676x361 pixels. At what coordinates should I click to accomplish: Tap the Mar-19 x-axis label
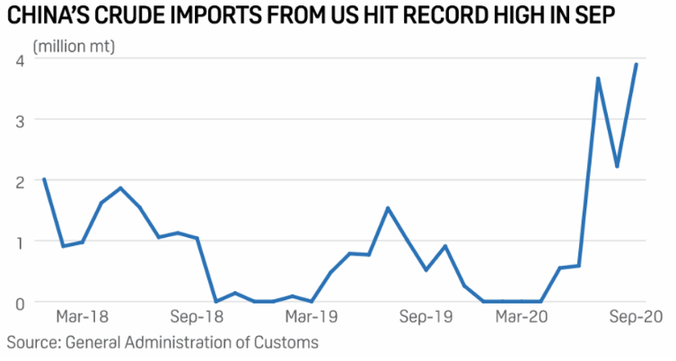tap(310, 318)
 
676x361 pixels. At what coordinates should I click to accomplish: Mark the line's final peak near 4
tap(636, 64)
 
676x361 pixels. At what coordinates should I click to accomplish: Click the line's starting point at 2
tap(44, 179)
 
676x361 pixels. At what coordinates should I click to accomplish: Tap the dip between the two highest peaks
tap(617, 166)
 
